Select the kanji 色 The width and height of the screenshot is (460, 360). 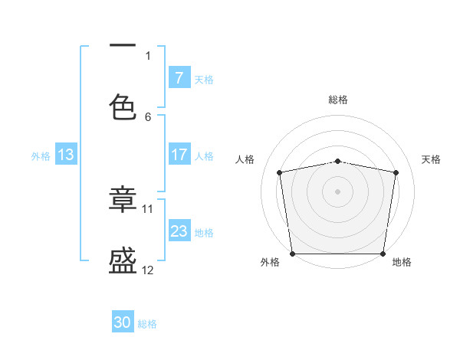123,107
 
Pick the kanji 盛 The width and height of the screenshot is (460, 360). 123,262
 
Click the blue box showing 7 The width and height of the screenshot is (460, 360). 179,78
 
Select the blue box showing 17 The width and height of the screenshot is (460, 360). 179,155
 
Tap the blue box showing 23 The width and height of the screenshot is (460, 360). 179,231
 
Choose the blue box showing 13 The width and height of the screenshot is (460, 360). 65,155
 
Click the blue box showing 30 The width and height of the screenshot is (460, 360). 123,322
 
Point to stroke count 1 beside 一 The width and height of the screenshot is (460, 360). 148,55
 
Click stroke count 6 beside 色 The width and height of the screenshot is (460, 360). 148,116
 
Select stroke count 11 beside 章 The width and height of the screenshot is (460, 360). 148,208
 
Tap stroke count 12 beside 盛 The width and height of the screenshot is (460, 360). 148,270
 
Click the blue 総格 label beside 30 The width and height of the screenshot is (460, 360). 147,324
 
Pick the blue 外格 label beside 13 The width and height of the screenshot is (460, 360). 41,156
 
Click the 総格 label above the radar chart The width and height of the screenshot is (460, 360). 338,100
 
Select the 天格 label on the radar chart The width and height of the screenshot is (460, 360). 431,159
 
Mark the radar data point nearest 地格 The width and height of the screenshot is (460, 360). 383,254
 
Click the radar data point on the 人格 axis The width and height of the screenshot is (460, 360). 280,172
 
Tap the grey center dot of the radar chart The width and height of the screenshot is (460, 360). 338,191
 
